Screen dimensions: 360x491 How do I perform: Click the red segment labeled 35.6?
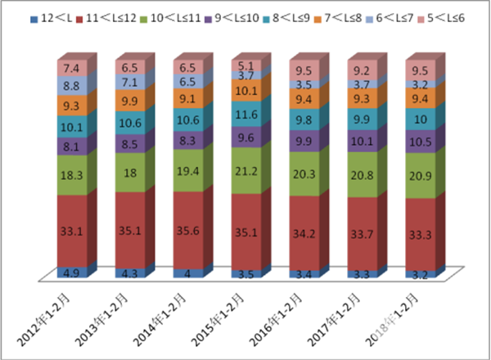[187, 232]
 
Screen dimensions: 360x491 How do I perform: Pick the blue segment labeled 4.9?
[70, 272]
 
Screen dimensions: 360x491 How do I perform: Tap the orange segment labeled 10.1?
[245, 89]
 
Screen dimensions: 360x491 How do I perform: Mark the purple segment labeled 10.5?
[420, 140]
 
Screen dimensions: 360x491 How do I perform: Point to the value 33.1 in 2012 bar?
[70, 231]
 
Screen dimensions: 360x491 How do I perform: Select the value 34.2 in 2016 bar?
[304, 233]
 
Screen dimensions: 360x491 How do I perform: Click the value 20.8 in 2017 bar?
[362, 174]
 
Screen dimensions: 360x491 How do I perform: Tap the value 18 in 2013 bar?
[128, 171]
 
